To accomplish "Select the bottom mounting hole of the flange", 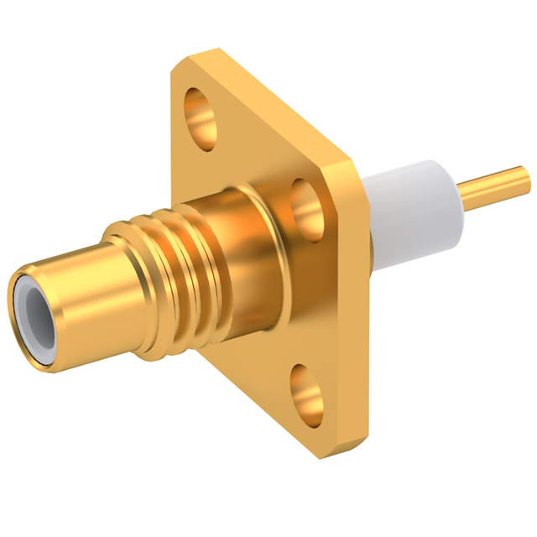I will [308, 392].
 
